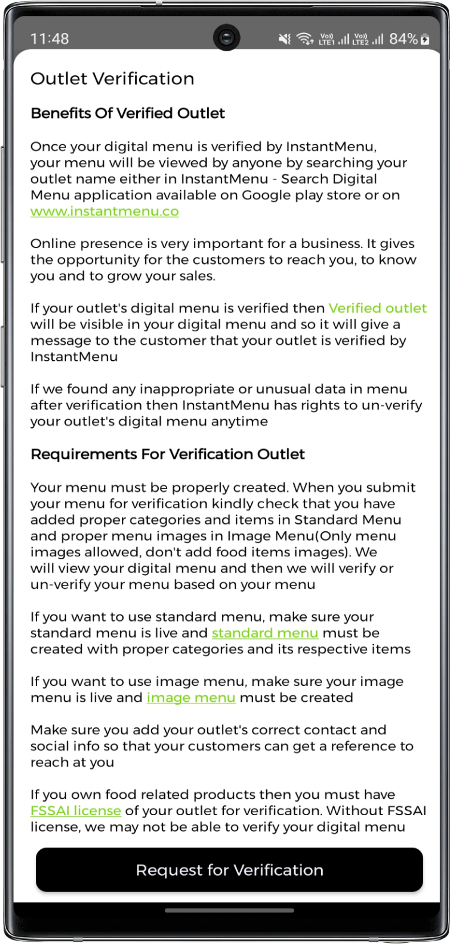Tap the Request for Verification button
[229, 870]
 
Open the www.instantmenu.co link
[104, 211]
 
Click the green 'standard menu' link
[265, 633]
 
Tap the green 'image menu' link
[190, 698]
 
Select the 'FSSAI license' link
[75, 811]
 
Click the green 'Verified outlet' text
[377, 308]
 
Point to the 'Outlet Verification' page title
[112, 79]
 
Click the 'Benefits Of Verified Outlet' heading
[128, 113]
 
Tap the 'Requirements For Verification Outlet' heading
[168, 454]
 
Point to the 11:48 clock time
[50, 39]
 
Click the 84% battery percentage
[403, 39]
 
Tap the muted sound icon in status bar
[284, 39]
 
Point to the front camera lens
[226, 38]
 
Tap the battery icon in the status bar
[425, 39]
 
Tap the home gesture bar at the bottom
[229, 910]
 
